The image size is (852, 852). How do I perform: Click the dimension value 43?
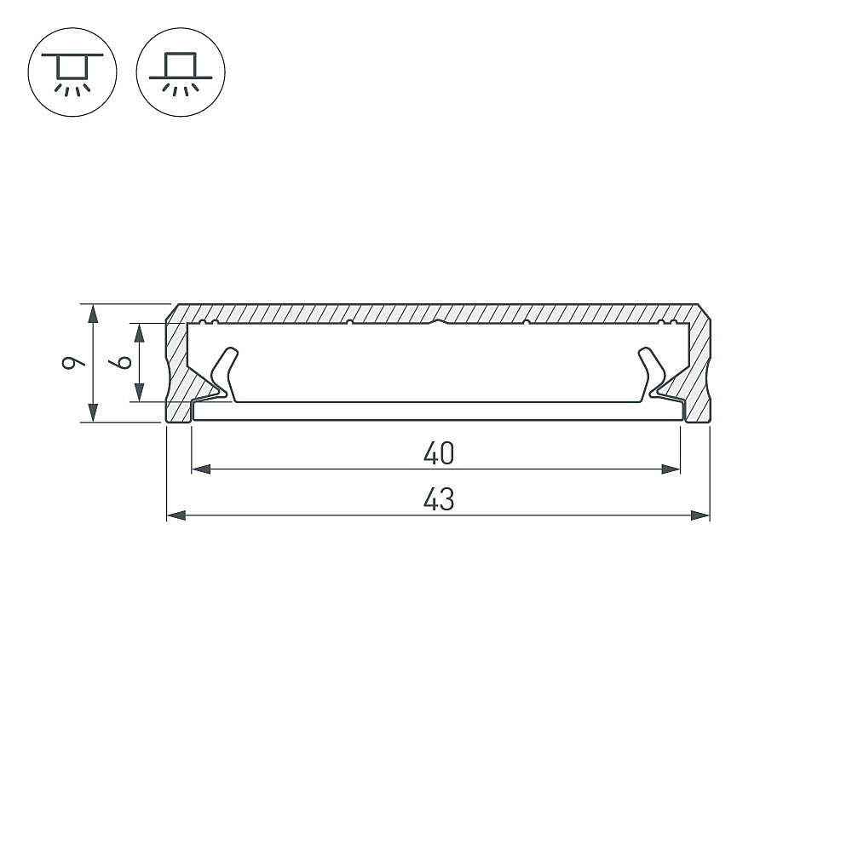(x=439, y=501)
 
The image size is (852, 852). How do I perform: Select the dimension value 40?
(x=439, y=454)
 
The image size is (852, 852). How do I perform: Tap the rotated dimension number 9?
(x=74, y=363)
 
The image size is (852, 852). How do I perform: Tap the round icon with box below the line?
(x=72, y=71)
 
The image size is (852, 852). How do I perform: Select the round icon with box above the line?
(x=181, y=71)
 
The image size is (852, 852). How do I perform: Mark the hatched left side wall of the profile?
(x=176, y=366)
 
